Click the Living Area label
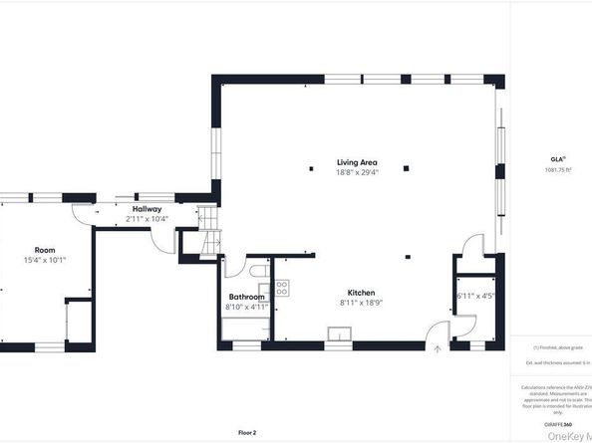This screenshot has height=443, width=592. [x=356, y=161]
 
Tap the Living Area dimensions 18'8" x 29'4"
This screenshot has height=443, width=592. [x=356, y=172]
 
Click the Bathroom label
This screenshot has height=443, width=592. [x=246, y=297]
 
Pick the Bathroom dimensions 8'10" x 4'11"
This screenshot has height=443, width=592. [x=246, y=308]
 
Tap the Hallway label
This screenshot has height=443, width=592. [x=147, y=209]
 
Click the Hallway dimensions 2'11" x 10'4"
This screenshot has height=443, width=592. [x=147, y=219]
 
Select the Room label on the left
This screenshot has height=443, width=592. [x=45, y=250]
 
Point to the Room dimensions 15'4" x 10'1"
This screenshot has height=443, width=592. [x=45, y=260]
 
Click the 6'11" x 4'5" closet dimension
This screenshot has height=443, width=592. [x=474, y=296]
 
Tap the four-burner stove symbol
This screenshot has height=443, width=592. [x=282, y=288]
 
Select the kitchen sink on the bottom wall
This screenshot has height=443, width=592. [x=340, y=334]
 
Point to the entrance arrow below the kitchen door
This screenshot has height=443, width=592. [x=440, y=349]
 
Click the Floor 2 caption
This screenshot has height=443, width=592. [x=247, y=432]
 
